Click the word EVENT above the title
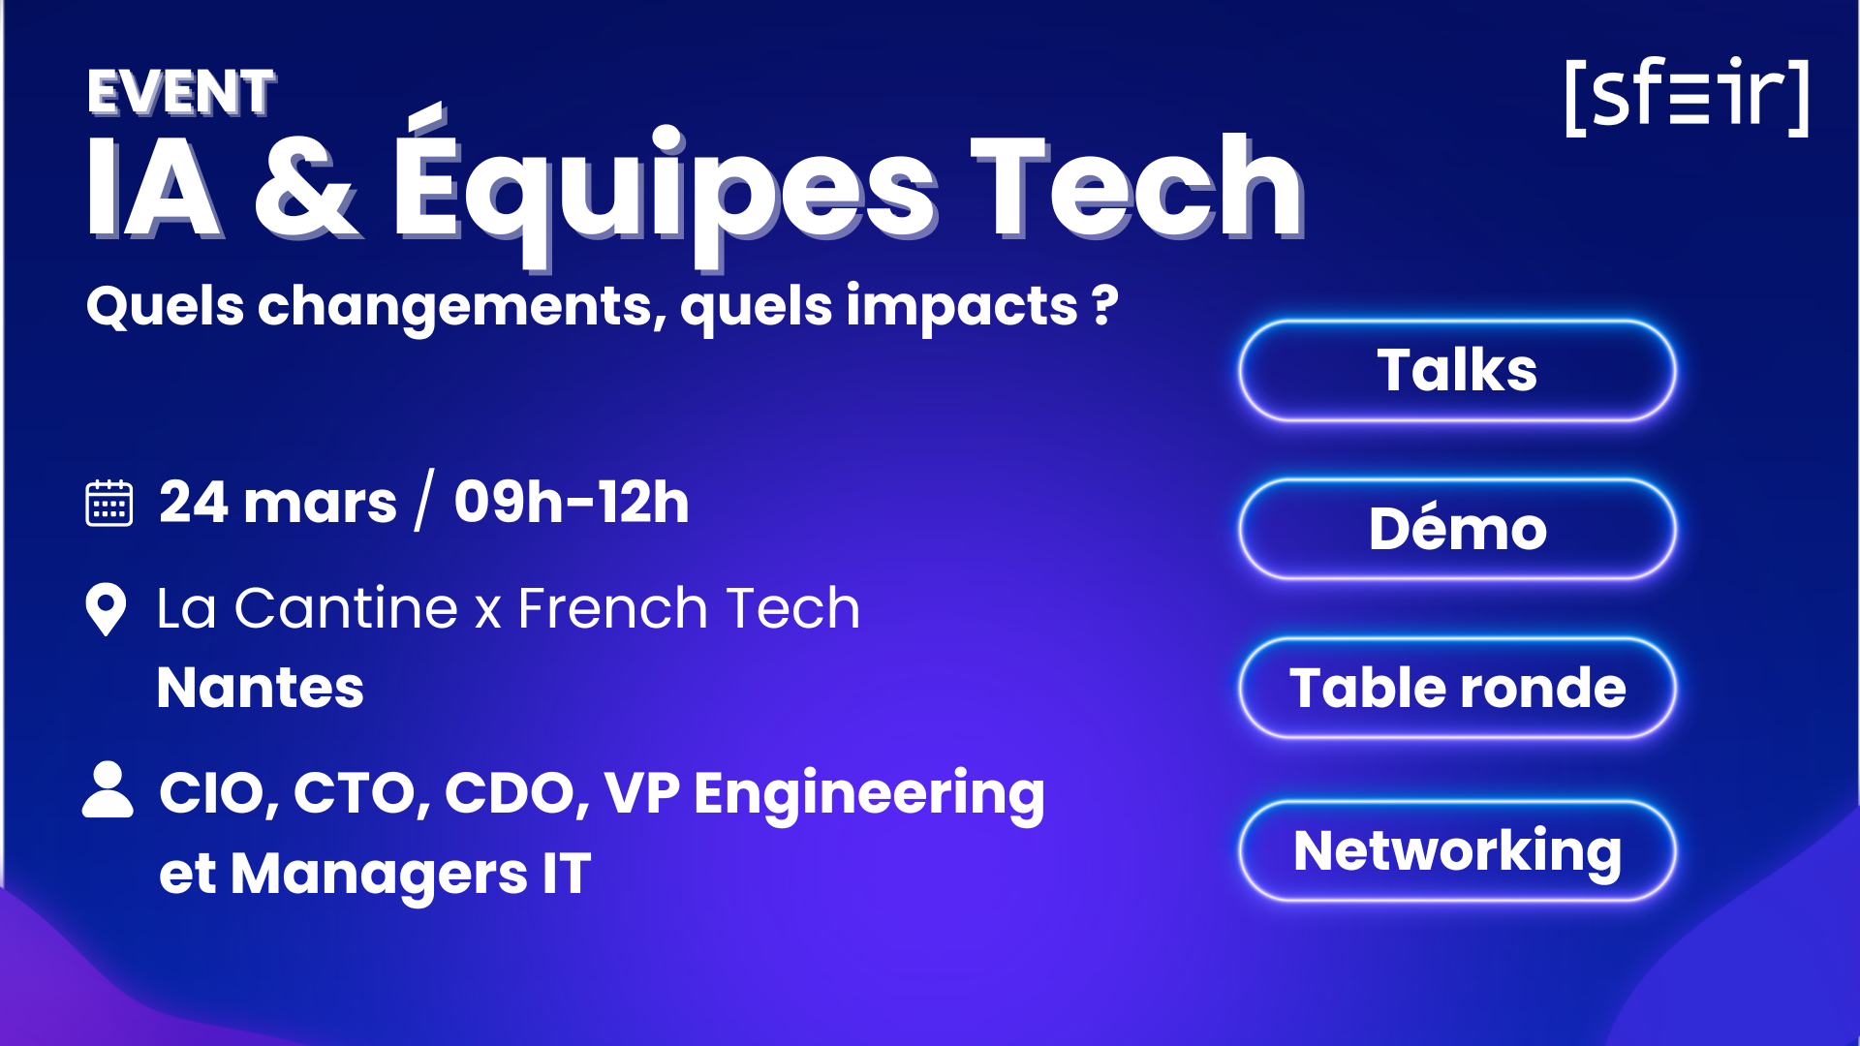(181, 93)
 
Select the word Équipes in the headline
(665, 189)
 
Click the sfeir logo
(1687, 96)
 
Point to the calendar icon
(109, 503)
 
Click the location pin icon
(106, 609)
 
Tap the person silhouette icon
(108, 790)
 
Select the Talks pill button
(1457, 370)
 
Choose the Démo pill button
(1457, 529)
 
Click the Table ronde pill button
(1457, 688)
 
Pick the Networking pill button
(1457, 850)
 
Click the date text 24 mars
(278, 503)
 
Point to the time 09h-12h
(572, 503)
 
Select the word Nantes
(261, 688)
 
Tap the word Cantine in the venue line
(346, 609)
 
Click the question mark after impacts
(1105, 305)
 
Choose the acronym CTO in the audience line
(356, 793)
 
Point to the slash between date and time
(424, 501)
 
